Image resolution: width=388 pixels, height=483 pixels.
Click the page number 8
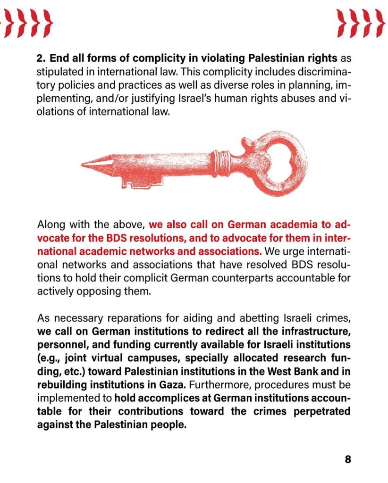pyautogui.click(x=347, y=459)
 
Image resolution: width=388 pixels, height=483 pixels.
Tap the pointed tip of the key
pyautogui.click(x=84, y=164)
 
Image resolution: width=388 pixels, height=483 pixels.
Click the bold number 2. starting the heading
pyautogui.click(x=42, y=59)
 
